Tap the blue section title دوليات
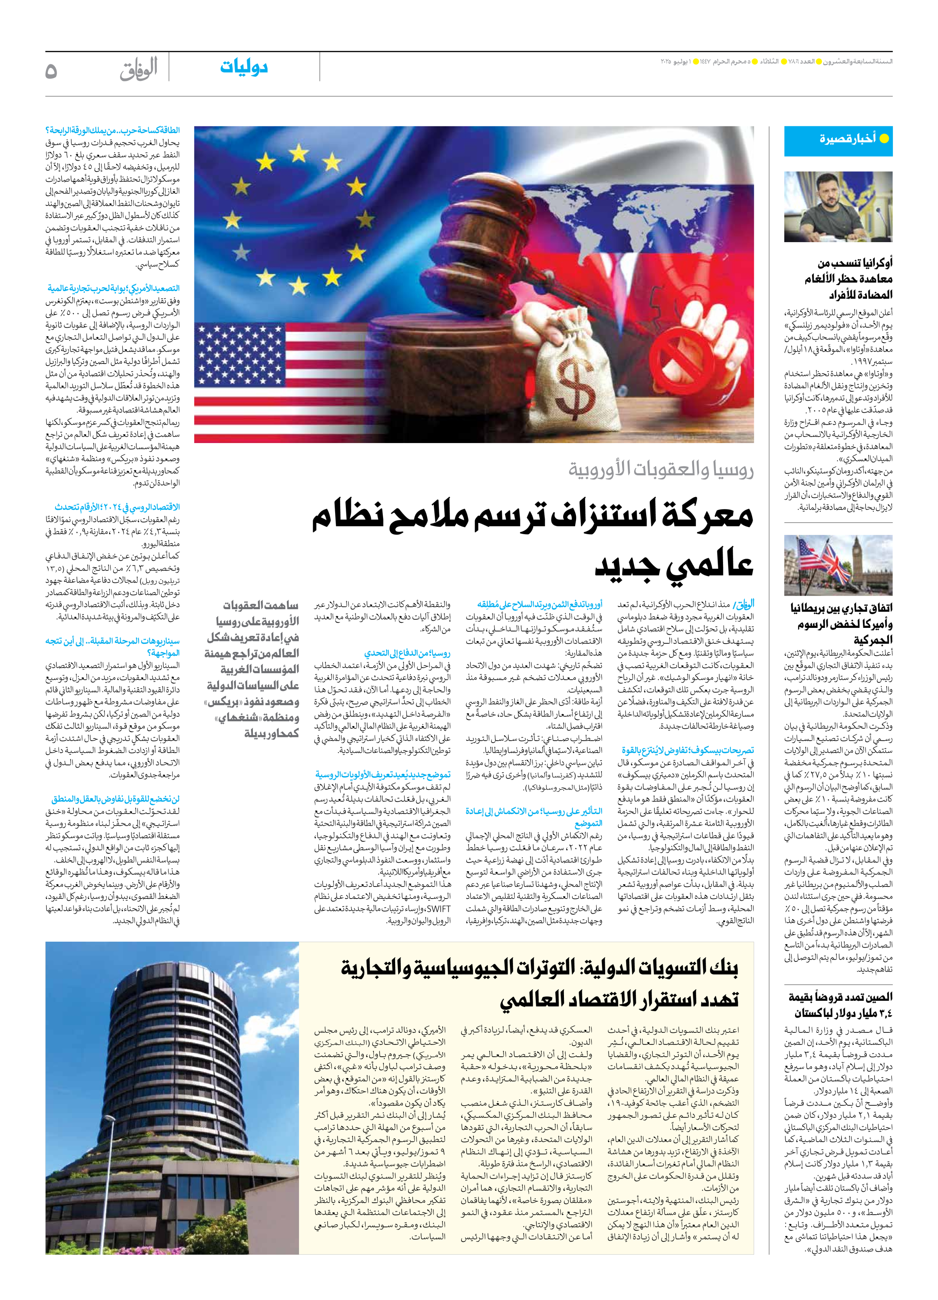(x=244, y=67)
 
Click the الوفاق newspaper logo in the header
(x=138, y=70)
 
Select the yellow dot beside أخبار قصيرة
(x=884, y=139)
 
